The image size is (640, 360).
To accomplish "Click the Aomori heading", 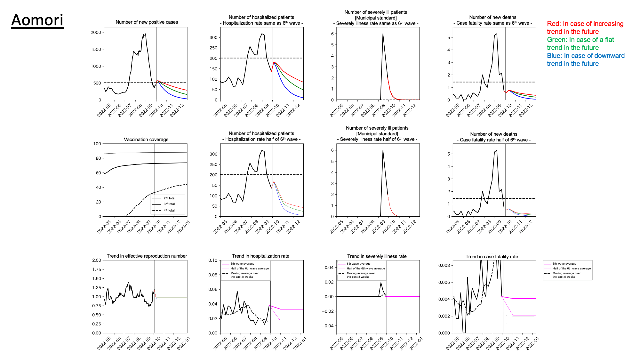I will coord(37,20).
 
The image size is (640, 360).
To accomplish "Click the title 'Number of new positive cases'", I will coord(147,22).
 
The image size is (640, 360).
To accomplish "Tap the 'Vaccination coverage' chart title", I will coord(146,140).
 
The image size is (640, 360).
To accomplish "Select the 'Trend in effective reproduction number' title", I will coord(147,256).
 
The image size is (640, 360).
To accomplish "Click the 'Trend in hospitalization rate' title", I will coord(260,256).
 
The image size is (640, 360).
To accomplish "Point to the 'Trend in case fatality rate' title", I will coord(492,257).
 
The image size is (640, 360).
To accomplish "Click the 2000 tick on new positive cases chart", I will coord(96,32).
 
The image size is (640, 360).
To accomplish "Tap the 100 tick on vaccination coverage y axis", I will coord(97,144).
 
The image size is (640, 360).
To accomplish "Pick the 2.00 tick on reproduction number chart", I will coord(97,260).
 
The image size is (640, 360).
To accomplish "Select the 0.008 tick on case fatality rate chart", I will coord(444,265).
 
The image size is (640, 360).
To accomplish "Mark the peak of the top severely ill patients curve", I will coord(383,34).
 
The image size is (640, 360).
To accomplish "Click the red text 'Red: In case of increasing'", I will coord(585,24).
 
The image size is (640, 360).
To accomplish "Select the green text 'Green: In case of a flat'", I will coord(580,40).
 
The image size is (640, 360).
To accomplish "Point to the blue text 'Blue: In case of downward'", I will coord(586,56).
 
